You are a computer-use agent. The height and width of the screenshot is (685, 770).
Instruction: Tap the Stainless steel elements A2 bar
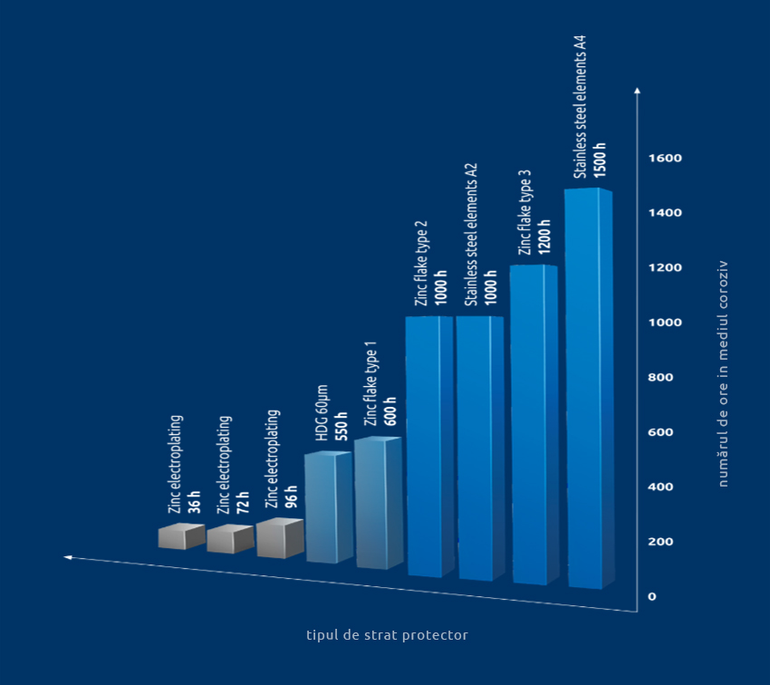point(478,448)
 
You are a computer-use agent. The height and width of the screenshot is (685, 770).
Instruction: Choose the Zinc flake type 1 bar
point(377,503)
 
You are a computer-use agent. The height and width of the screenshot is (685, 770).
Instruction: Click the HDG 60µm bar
point(327,507)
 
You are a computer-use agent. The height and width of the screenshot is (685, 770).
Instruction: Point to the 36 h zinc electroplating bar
point(181,536)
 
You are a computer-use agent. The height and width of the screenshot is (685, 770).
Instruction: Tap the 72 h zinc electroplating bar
point(229,539)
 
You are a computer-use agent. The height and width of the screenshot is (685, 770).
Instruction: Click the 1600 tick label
point(665,159)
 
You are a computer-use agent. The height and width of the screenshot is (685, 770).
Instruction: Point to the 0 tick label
point(652,596)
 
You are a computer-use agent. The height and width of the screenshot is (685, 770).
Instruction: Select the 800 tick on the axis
point(661,378)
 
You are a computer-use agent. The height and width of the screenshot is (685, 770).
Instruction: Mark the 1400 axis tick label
point(665,213)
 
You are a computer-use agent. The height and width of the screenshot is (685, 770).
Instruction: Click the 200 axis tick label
point(661,542)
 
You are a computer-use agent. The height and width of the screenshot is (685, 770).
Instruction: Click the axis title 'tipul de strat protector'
point(387,635)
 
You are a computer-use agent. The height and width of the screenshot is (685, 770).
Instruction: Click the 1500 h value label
point(600,156)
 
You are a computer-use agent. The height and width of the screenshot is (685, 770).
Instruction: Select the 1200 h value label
point(544,236)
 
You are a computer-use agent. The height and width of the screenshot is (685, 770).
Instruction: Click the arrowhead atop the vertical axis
point(638,91)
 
